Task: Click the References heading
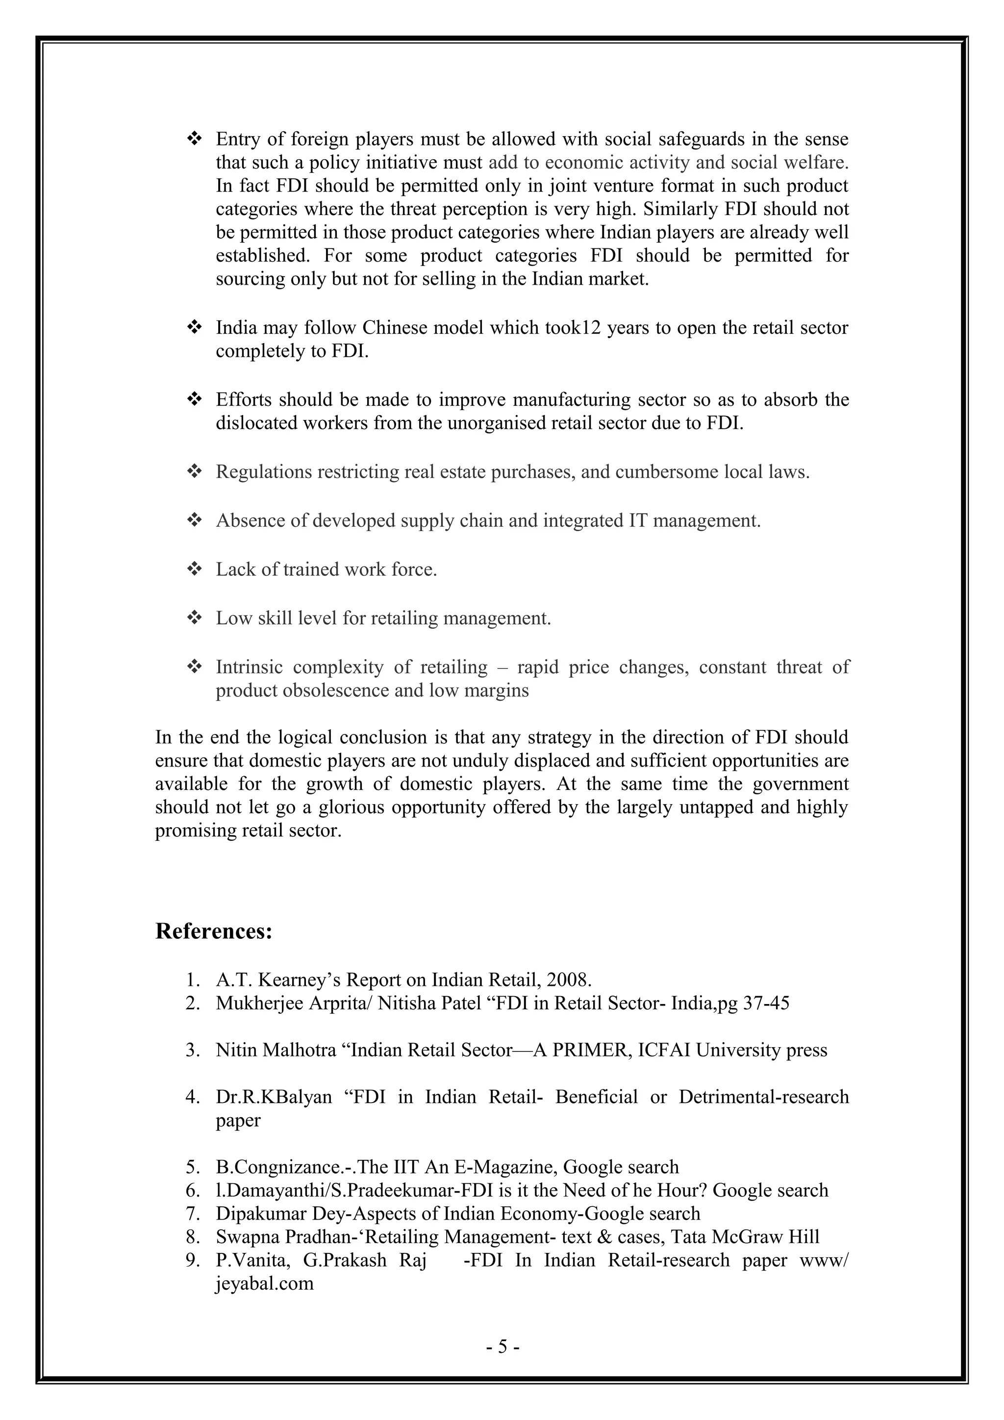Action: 213,931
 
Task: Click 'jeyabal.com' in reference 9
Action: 264,1283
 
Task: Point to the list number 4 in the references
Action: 191,1097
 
